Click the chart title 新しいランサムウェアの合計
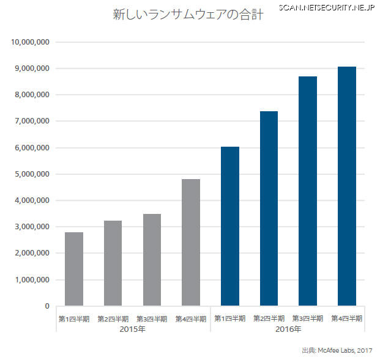tap(188, 15)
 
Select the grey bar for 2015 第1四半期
tap(74, 269)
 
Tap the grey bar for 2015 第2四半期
tap(113, 263)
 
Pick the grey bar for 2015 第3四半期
tap(152, 260)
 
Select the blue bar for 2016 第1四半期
tap(230, 226)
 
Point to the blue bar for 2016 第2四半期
tap(269, 208)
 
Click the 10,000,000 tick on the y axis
tap(31, 42)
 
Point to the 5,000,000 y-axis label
tap(32, 174)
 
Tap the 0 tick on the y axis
tap(47, 306)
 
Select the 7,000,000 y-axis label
tap(32, 121)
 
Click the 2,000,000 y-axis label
tap(32, 253)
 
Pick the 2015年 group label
tap(132, 330)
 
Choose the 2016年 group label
tap(288, 330)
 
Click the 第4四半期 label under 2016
tap(347, 318)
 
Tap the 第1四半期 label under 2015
tap(74, 318)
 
